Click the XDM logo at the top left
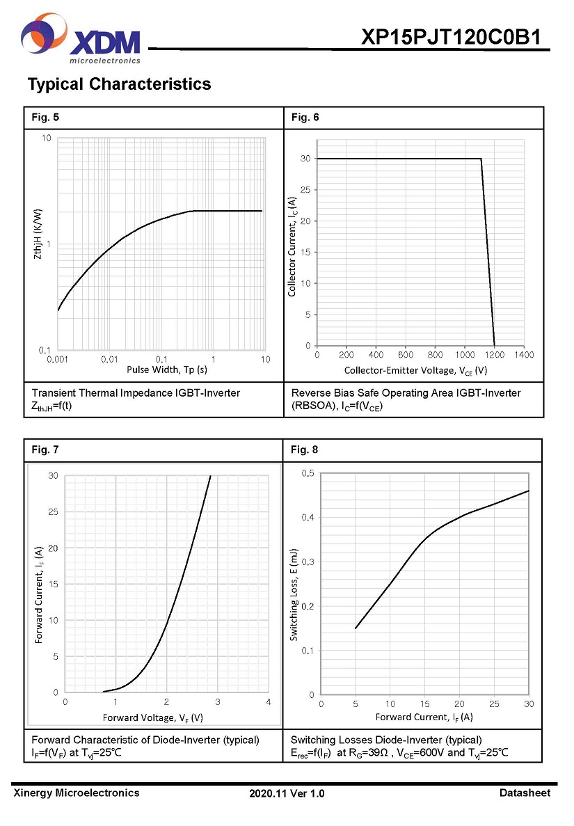(x=81, y=40)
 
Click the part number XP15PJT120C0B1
(x=451, y=38)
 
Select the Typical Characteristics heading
(x=119, y=84)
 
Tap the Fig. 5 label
(x=45, y=118)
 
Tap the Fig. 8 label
(x=304, y=450)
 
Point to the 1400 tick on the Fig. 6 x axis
(x=524, y=355)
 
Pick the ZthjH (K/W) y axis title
(x=38, y=235)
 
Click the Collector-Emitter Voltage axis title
(x=415, y=370)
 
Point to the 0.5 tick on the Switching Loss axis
(x=307, y=474)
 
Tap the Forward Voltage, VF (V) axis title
(x=153, y=717)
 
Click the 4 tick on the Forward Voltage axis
(x=269, y=702)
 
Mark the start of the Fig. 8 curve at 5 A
(x=356, y=628)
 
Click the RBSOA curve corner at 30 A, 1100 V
(x=481, y=159)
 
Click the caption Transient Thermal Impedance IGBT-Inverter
(x=136, y=393)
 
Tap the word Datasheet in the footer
(x=525, y=793)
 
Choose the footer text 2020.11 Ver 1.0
(x=287, y=793)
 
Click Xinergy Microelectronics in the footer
(x=77, y=793)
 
